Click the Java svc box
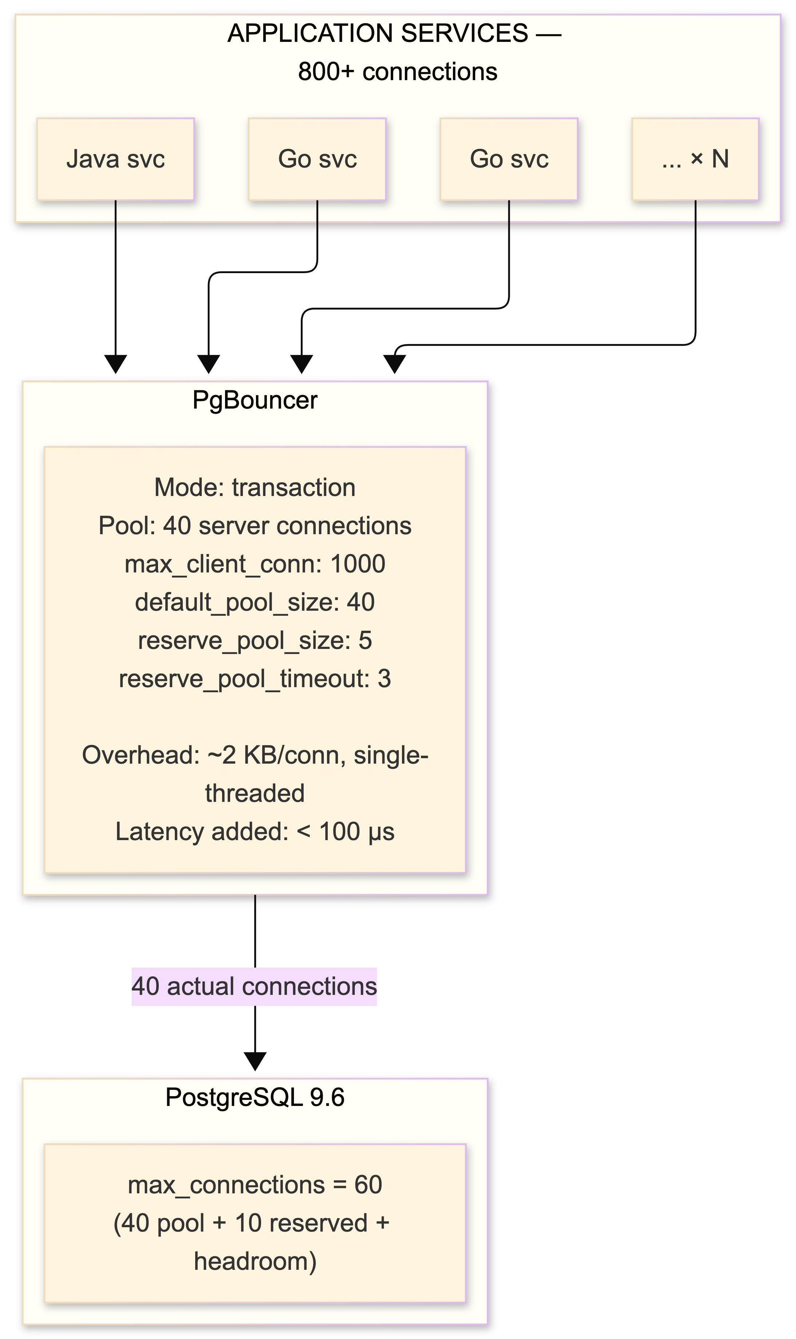click(x=115, y=159)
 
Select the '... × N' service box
click(x=695, y=159)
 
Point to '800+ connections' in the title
click(x=398, y=72)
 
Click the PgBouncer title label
click(x=255, y=400)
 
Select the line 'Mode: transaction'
click(x=255, y=488)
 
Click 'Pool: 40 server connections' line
click(x=255, y=525)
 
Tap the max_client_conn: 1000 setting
click(x=255, y=564)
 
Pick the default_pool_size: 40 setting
click(x=255, y=602)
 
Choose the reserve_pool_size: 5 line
click(x=255, y=640)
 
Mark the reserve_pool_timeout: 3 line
click(x=255, y=679)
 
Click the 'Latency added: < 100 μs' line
click(x=255, y=832)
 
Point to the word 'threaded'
click(x=255, y=793)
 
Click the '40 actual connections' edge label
click(x=254, y=987)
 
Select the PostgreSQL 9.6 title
click(x=255, y=1097)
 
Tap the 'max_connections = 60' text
click(x=255, y=1185)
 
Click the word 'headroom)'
click(x=255, y=1261)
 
